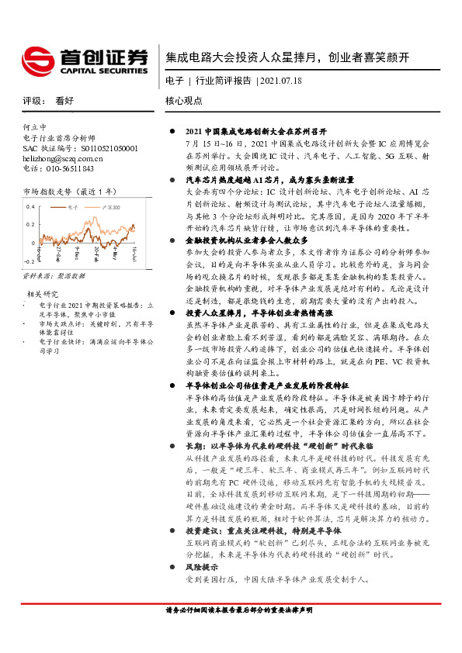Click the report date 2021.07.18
click(282, 80)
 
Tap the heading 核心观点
click(184, 101)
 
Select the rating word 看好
click(64, 101)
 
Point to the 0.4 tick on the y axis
click(30, 208)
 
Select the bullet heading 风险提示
click(204, 568)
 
